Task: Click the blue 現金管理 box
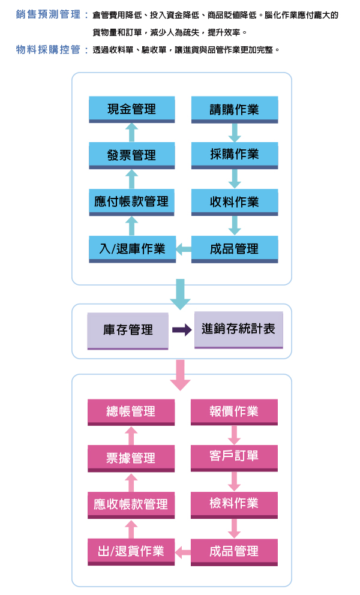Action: pyautogui.click(x=131, y=109)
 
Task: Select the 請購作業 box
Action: pyautogui.click(x=235, y=109)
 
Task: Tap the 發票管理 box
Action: pyautogui.click(x=131, y=155)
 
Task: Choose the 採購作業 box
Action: pyautogui.click(x=235, y=155)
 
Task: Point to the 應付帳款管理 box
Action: pyautogui.click(x=131, y=202)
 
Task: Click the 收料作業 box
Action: pyautogui.click(x=235, y=202)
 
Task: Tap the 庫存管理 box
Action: pyautogui.click(x=128, y=330)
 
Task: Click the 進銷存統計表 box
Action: pyautogui.click(x=238, y=329)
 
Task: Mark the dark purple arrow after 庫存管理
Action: pyautogui.click(x=182, y=330)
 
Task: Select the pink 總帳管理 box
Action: pyautogui.click(x=131, y=411)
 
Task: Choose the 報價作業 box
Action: pyautogui.click(x=235, y=411)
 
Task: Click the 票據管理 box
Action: pyautogui.click(x=131, y=458)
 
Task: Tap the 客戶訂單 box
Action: pyautogui.click(x=235, y=457)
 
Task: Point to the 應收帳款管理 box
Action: pyautogui.click(x=131, y=504)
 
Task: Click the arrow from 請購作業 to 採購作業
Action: pyautogui.click(x=235, y=132)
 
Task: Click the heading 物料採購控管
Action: pyautogui.click(x=48, y=50)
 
